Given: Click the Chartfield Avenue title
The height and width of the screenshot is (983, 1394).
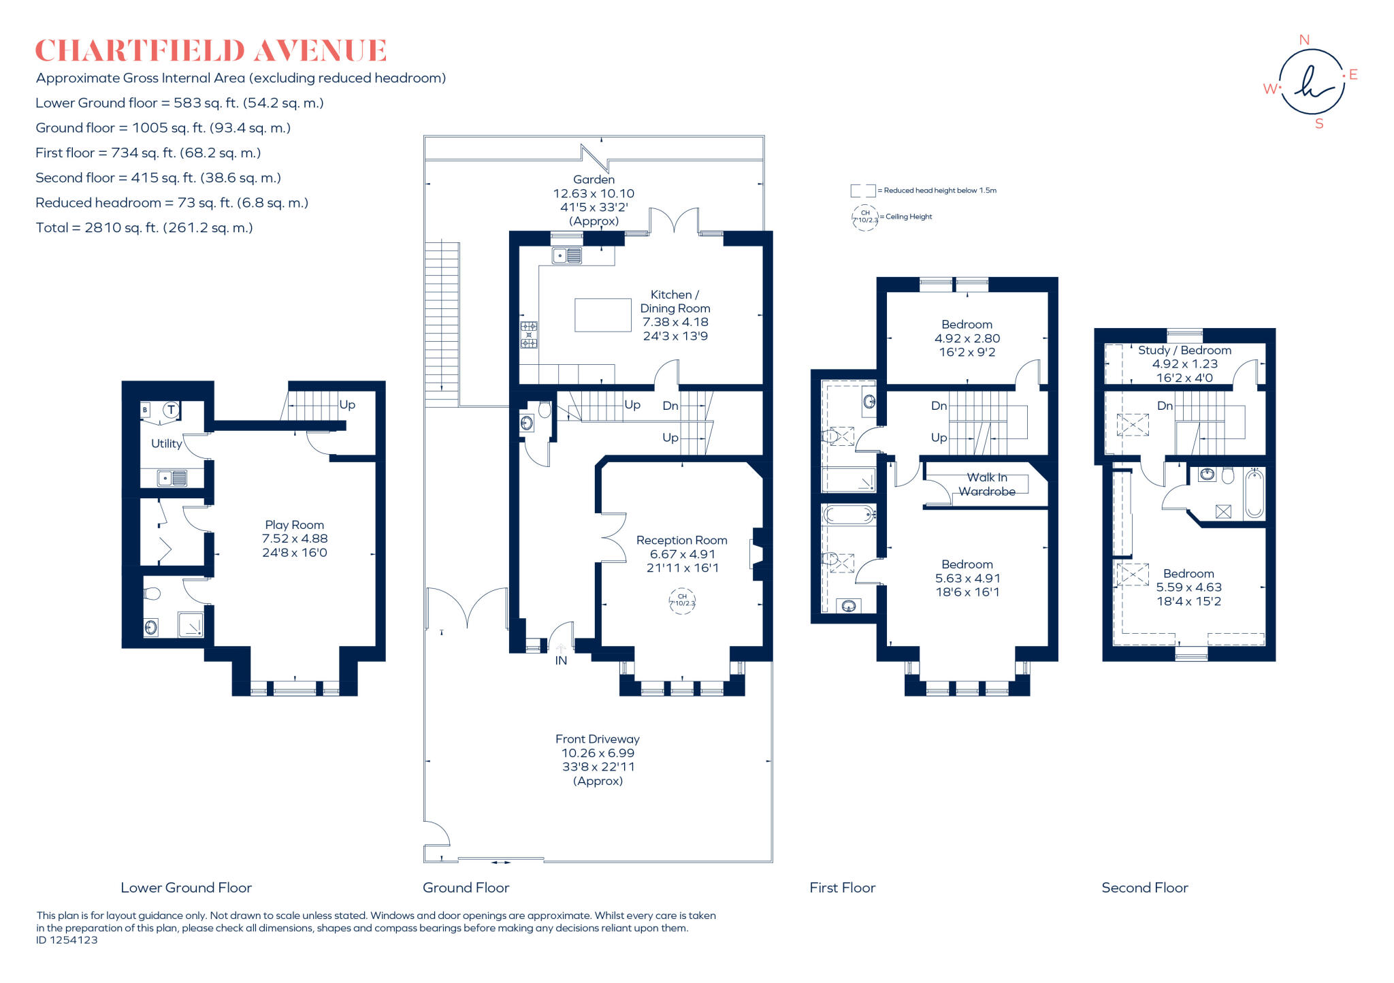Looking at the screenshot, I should coord(211,51).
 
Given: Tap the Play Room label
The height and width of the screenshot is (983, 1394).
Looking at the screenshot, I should coord(294,525).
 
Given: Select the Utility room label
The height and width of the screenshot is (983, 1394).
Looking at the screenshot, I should coord(166,443).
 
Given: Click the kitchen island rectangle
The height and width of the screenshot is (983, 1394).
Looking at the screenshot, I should coord(602,315).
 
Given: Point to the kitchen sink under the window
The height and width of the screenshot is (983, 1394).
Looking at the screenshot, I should coord(567,256).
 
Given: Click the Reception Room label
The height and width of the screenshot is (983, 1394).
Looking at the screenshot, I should coord(681,540).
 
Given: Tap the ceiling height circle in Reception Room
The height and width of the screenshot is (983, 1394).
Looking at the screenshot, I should coord(682,600).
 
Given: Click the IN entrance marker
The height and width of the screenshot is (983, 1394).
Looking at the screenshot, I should coord(561,660).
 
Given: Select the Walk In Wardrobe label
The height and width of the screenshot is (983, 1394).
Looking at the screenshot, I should coord(987,484).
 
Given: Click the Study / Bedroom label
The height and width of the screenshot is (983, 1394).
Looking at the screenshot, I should coord(1184,350).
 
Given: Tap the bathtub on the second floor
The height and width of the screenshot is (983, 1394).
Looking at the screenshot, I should coord(1254,494).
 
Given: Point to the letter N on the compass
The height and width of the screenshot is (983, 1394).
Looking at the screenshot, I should coord(1304,40).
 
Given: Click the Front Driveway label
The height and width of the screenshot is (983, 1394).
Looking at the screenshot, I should coord(597,739).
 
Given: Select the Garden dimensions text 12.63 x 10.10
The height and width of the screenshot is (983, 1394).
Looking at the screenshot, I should coord(594,193).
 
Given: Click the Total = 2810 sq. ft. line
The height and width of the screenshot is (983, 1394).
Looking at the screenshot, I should coord(144,228).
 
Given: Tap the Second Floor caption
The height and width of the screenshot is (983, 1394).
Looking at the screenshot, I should coord(1144,888).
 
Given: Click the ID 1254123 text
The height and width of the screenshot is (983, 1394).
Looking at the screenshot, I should coord(67,940).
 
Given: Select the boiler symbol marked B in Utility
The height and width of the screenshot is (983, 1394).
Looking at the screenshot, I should coord(145,410).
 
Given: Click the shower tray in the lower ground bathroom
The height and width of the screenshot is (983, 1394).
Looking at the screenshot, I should coord(191,624).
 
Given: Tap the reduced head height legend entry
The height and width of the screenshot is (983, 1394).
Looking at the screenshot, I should coord(926,191).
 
